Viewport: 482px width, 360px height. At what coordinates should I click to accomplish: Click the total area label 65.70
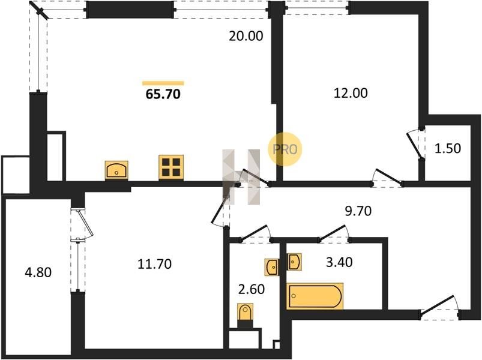coord(163,94)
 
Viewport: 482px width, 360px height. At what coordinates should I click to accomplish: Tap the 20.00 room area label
coord(246,36)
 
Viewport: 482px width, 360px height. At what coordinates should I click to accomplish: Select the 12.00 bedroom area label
coord(351,93)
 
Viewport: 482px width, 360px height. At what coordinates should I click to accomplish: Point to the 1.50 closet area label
coord(448,148)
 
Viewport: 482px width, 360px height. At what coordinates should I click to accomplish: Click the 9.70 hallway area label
coord(358,211)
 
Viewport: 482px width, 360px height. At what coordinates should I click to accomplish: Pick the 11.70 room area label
coord(154,264)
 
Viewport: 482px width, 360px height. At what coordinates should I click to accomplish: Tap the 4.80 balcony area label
coord(38,272)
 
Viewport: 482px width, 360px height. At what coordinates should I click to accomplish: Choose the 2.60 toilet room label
coord(252,289)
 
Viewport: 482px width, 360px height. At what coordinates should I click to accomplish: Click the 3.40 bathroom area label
coord(339,262)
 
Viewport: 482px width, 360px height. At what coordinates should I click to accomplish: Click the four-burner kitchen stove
coord(171,167)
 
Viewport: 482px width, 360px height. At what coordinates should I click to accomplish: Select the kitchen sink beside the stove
coord(116,170)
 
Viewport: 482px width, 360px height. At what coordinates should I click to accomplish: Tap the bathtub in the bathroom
coord(315,296)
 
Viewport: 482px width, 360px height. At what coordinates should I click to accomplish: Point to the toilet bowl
coord(245,312)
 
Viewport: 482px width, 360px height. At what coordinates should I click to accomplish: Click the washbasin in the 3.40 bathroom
coord(294,262)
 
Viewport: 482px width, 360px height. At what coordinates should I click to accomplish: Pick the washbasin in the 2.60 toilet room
coord(272,267)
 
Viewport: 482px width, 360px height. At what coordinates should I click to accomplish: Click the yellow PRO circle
coord(285,149)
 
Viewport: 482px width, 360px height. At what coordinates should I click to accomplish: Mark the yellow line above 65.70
coord(163,83)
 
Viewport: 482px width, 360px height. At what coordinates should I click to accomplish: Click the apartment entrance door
coord(439,306)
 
